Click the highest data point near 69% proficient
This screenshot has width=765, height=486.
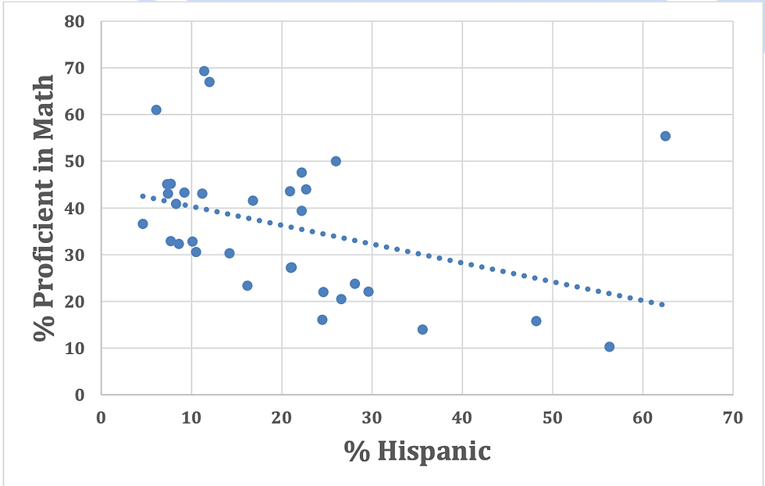(204, 71)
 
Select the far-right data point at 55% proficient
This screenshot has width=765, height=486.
(665, 136)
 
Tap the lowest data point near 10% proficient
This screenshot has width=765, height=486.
(609, 347)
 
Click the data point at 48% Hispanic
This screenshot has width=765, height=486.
(535, 321)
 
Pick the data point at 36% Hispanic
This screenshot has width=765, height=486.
(422, 330)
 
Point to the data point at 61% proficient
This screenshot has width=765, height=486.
(156, 110)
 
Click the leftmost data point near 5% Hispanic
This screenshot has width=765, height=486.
(143, 224)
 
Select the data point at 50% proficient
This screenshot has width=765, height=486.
(336, 161)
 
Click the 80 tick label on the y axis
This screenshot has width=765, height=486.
(74, 21)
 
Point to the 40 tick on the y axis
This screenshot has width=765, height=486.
(74, 208)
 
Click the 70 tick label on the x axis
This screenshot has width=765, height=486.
(732, 418)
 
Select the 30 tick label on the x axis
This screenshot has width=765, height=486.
(372, 418)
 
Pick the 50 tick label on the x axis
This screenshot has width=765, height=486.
(552, 418)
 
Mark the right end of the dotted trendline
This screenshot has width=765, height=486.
(662, 304)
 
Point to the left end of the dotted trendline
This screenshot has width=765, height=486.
(142, 196)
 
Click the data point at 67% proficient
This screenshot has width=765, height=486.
(209, 82)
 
